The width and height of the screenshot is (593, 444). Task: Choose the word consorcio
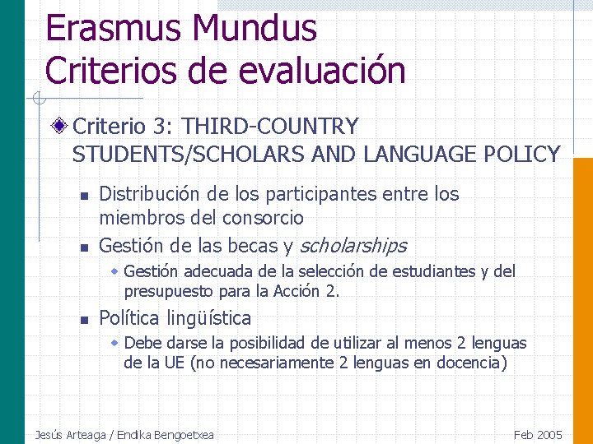pos(265,218)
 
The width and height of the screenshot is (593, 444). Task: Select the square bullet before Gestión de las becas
pos(83,247)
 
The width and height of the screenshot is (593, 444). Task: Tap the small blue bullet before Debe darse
pos(115,342)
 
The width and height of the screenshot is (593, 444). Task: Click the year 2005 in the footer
pos(549,435)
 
